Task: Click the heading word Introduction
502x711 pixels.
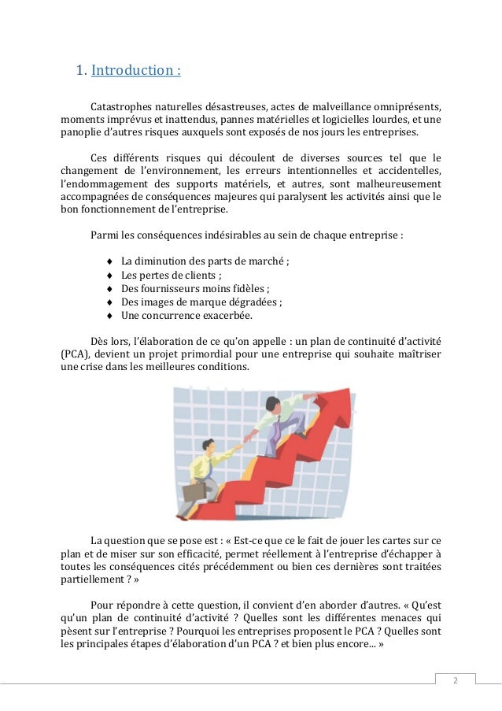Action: (x=136, y=71)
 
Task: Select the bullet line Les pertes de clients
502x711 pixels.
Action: (x=171, y=276)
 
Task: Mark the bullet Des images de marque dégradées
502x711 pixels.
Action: (x=201, y=302)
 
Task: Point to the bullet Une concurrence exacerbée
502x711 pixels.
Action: (x=186, y=315)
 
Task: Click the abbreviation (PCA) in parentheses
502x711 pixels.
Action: (x=76, y=354)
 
